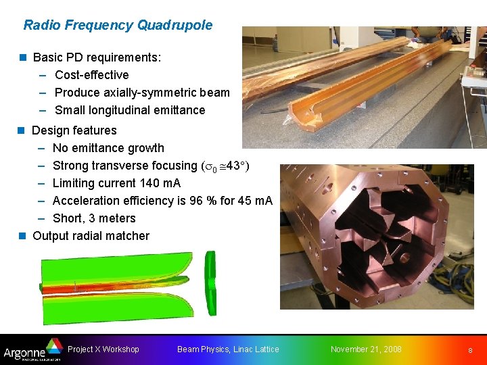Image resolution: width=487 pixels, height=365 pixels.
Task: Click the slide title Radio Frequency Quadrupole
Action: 118,26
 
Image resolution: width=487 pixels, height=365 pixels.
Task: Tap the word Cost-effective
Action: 91,75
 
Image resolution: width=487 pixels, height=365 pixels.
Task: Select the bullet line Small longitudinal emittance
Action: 129,110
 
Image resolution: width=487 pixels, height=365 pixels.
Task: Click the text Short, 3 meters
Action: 94,218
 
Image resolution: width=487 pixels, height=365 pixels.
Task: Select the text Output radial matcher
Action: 91,236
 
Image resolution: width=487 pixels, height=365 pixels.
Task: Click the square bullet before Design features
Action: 22,130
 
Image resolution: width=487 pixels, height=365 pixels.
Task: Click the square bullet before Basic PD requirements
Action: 22,57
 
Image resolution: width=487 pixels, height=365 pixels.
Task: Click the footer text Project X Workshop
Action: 103,349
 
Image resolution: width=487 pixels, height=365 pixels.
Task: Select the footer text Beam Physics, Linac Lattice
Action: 228,349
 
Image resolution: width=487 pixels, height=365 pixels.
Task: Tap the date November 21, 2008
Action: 366,349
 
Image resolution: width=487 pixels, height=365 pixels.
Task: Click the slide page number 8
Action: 469,350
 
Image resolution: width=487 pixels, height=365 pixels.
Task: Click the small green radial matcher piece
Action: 210,283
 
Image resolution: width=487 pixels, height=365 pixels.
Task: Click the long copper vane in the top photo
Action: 338,74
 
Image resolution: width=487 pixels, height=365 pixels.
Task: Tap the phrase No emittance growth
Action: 108,148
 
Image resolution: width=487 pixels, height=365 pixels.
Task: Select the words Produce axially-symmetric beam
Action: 142,93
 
